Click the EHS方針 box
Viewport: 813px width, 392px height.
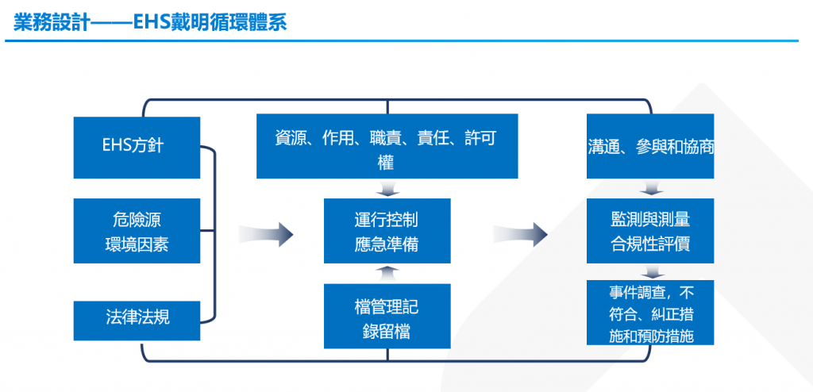(x=137, y=148)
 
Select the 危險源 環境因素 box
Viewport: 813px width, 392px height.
(x=137, y=230)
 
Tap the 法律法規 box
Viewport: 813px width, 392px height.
(x=137, y=320)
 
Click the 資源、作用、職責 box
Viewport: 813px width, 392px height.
(x=387, y=146)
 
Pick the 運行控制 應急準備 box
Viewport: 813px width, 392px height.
(x=387, y=231)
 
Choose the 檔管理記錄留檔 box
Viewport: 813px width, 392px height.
(x=387, y=316)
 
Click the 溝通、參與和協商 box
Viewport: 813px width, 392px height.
(x=650, y=146)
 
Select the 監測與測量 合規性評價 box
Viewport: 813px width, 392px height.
(x=650, y=231)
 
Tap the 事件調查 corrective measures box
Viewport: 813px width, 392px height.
(x=650, y=312)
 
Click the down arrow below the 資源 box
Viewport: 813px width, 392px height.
(x=387, y=189)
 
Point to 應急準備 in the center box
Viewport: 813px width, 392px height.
(x=387, y=244)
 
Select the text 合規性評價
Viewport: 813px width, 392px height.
(x=650, y=244)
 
